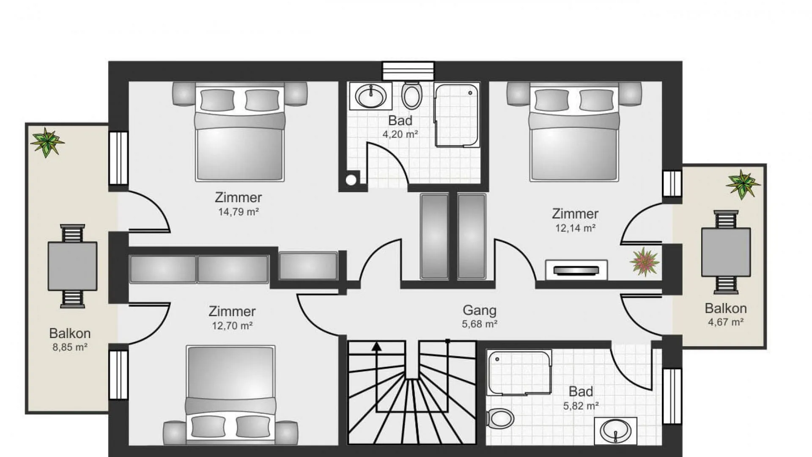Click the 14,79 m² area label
[x=239, y=212]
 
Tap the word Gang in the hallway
[x=479, y=310]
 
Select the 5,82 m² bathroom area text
[x=581, y=406]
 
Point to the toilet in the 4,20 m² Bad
[x=411, y=95]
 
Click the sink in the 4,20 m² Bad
[x=371, y=96]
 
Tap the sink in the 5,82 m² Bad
[x=615, y=431]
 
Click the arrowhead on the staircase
[x=376, y=347]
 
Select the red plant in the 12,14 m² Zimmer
[x=644, y=262]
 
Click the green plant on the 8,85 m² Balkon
[x=47, y=142]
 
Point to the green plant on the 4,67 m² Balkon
[x=743, y=184]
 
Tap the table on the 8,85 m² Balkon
[x=72, y=266]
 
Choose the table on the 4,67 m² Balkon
[x=726, y=252]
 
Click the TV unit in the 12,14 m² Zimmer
[x=576, y=270]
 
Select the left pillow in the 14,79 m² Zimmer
[x=217, y=100]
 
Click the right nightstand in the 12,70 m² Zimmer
[x=286, y=433]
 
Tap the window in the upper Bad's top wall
[x=408, y=71]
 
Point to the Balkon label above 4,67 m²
[x=726, y=308]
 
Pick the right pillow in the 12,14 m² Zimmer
[x=596, y=100]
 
